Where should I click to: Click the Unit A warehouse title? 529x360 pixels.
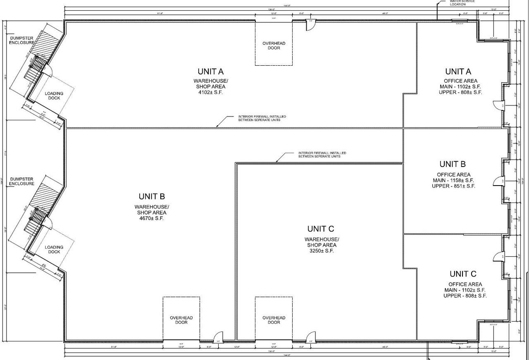210,72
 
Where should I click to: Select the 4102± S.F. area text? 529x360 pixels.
210,93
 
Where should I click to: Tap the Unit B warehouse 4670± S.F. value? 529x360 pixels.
151,218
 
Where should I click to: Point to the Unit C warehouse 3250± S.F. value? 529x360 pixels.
322,251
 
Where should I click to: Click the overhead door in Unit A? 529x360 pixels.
274,45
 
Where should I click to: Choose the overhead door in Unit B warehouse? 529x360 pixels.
181,320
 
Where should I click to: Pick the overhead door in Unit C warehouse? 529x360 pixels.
274,320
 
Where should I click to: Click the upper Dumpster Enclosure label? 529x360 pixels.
21,41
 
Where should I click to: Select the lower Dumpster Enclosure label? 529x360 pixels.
22,181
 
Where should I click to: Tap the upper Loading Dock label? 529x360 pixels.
54,96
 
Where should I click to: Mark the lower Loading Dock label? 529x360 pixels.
54,250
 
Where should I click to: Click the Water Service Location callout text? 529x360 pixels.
462,2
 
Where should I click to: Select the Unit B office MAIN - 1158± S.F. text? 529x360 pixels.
453,181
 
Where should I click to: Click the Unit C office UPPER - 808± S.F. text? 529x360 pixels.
465,296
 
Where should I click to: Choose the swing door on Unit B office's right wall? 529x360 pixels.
498,181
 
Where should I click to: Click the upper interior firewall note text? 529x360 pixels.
262,118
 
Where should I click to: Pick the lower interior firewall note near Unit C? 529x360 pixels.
322,155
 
